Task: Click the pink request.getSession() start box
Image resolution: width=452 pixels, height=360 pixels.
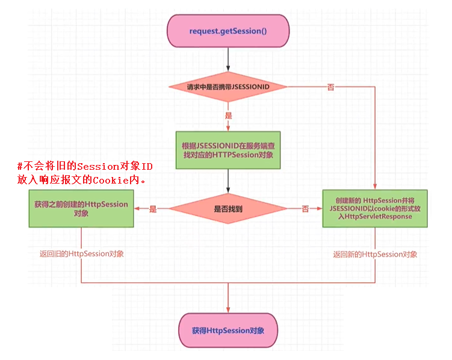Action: [x=228, y=31]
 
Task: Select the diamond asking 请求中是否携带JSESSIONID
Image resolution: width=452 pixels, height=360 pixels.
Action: [x=228, y=87]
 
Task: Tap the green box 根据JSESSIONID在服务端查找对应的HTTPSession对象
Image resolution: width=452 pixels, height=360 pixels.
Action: [x=228, y=149]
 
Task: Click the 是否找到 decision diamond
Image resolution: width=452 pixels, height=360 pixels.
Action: [x=228, y=209]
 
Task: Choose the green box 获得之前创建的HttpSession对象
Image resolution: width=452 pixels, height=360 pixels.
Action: [x=81, y=208]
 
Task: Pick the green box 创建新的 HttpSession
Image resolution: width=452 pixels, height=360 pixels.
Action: [x=375, y=208]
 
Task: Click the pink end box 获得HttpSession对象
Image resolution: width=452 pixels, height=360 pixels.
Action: [x=228, y=331]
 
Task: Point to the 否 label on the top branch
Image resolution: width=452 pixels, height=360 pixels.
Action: [x=330, y=87]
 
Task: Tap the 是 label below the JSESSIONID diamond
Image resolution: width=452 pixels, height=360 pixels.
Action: [x=228, y=114]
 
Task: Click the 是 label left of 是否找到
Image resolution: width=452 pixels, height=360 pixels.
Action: [x=152, y=209]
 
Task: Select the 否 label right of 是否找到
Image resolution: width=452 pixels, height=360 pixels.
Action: [x=305, y=209]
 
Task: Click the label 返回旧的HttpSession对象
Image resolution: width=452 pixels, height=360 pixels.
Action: [x=81, y=254]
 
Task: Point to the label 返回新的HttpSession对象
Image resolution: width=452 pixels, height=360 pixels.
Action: [x=375, y=254]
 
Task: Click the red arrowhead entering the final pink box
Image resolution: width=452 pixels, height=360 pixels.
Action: [x=228, y=309]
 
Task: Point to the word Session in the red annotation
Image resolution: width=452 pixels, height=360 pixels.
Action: [x=99, y=167]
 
